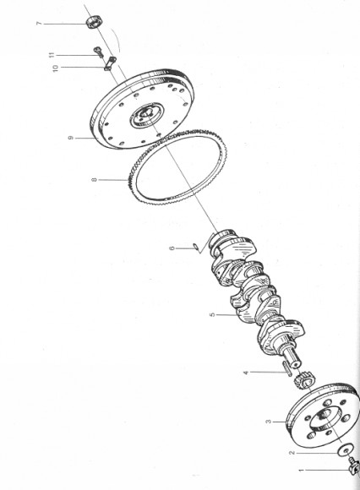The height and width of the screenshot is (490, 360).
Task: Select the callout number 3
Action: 269,420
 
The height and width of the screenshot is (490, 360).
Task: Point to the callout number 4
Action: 246,372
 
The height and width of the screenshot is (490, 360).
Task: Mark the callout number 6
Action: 172,248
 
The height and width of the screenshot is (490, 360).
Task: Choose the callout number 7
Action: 63,24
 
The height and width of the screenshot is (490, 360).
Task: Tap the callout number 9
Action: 73,136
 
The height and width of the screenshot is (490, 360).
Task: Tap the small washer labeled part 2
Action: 346,451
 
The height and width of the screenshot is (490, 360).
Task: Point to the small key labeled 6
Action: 194,246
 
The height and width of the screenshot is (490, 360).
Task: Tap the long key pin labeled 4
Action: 290,367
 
